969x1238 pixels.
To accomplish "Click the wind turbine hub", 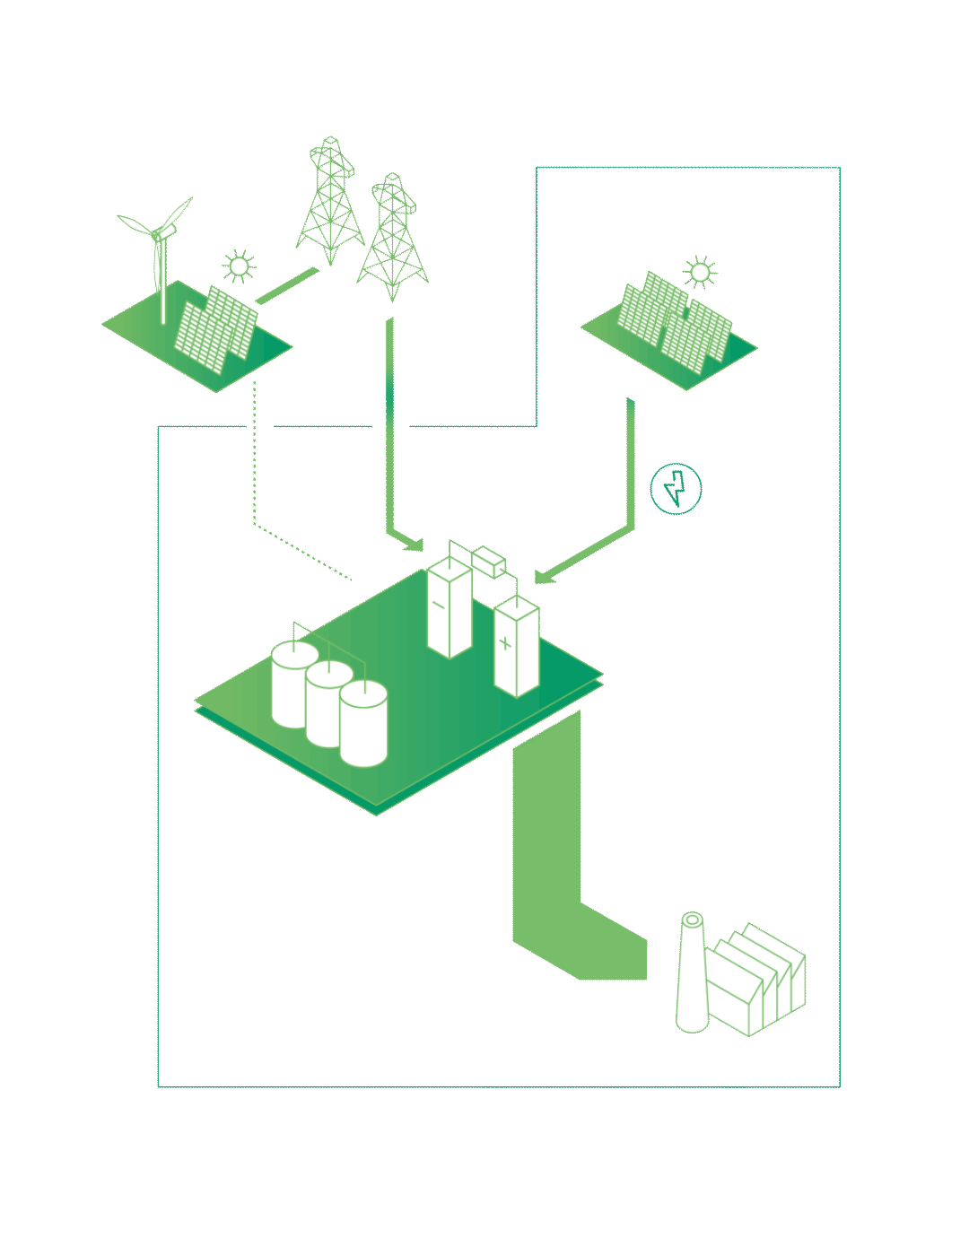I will (158, 235).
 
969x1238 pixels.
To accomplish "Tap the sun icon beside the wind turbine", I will (239, 266).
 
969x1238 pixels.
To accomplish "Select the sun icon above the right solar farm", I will (700, 272).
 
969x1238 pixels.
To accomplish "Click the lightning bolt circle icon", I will (676, 489).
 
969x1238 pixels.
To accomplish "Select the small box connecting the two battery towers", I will (489, 561).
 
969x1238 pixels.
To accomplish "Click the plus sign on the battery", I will (506, 643).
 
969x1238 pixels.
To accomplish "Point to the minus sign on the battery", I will (439, 606).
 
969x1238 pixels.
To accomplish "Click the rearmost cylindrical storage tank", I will (294, 684).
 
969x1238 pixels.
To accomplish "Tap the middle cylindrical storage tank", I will (328, 703).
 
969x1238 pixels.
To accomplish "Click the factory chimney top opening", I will (693, 920).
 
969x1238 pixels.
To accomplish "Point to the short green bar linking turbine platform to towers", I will (287, 285).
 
